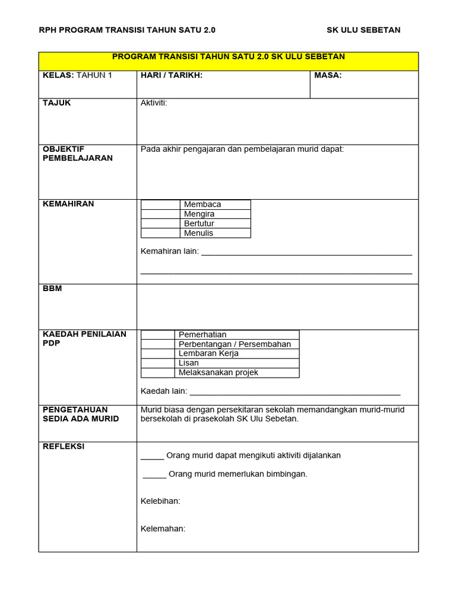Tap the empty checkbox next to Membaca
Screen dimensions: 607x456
point(160,205)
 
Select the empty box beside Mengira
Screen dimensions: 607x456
point(160,214)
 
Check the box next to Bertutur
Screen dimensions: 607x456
point(160,223)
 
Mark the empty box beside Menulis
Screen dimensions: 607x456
point(160,233)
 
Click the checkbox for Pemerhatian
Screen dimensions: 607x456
point(158,335)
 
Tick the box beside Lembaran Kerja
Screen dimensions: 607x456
point(158,354)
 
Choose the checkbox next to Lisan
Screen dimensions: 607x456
point(158,363)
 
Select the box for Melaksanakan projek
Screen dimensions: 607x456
point(158,373)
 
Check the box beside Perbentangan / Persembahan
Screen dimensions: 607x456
point(158,344)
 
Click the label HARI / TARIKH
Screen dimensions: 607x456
point(172,75)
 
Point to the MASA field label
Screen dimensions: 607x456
point(328,75)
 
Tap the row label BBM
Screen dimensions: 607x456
point(52,289)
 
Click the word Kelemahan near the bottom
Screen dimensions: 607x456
point(163,529)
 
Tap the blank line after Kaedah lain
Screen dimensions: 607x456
point(294,392)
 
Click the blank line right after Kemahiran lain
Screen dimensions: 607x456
point(306,253)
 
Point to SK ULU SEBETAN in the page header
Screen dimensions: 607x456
point(363,30)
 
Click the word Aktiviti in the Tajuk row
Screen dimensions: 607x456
point(154,103)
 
